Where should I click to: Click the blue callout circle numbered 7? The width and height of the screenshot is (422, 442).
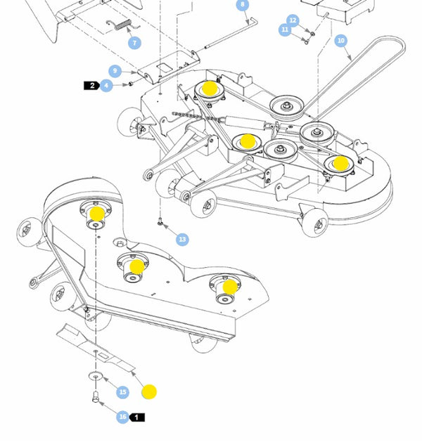[134, 42]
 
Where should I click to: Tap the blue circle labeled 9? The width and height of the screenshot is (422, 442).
[116, 71]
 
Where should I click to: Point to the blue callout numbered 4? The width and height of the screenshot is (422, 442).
[106, 86]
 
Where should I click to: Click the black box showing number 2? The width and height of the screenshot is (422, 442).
[91, 86]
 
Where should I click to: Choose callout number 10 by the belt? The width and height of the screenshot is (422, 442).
[341, 41]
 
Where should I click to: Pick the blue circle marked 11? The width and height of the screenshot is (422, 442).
[285, 30]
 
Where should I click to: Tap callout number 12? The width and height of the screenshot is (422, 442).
[293, 20]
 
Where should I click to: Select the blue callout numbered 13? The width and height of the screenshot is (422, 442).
[183, 240]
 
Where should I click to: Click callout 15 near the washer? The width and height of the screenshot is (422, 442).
[123, 392]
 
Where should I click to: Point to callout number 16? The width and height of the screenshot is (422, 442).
[122, 417]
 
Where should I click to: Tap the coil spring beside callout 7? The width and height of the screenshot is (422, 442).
[124, 26]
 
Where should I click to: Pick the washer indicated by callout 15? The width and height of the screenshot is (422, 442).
[95, 377]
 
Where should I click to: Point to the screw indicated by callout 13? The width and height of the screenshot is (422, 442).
[162, 224]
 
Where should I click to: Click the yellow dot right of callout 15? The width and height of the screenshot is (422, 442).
[149, 391]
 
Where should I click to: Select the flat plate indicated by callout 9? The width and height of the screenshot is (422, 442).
[162, 69]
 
